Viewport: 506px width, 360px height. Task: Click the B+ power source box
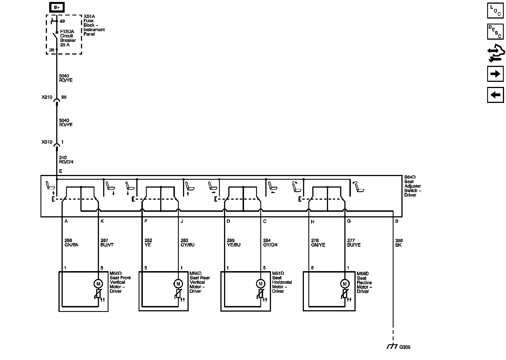(x=57, y=7)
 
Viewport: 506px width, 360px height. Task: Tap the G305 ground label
(x=405, y=347)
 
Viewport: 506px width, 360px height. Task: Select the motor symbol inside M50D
(x=98, y=284)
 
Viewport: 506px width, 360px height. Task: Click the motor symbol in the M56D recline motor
(x=345, y=284)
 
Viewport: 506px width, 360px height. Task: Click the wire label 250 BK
(x=399, y=243)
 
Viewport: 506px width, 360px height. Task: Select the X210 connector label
(x=47, y=97)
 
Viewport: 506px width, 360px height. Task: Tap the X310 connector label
(x=47, y=142)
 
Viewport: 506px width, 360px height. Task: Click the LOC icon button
(x=495, y=10)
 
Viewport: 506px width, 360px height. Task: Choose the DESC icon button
(x=495, y=32)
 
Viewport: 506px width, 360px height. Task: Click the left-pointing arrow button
(x=495, y=95)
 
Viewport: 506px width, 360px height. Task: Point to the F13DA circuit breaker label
(x=68, y=38)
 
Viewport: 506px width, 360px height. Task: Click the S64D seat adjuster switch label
(x=413, y=186)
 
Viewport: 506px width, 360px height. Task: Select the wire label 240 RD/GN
(x=66, y=160)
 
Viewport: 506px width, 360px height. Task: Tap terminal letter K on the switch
(x=102, y=221)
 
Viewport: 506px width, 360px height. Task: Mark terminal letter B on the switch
(x=397, y=221)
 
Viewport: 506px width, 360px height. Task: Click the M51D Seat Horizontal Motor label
(x=282, y=282)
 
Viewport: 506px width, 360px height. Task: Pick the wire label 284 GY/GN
(x=270, y=243)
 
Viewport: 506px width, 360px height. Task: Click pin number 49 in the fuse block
(x=62, y=21)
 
